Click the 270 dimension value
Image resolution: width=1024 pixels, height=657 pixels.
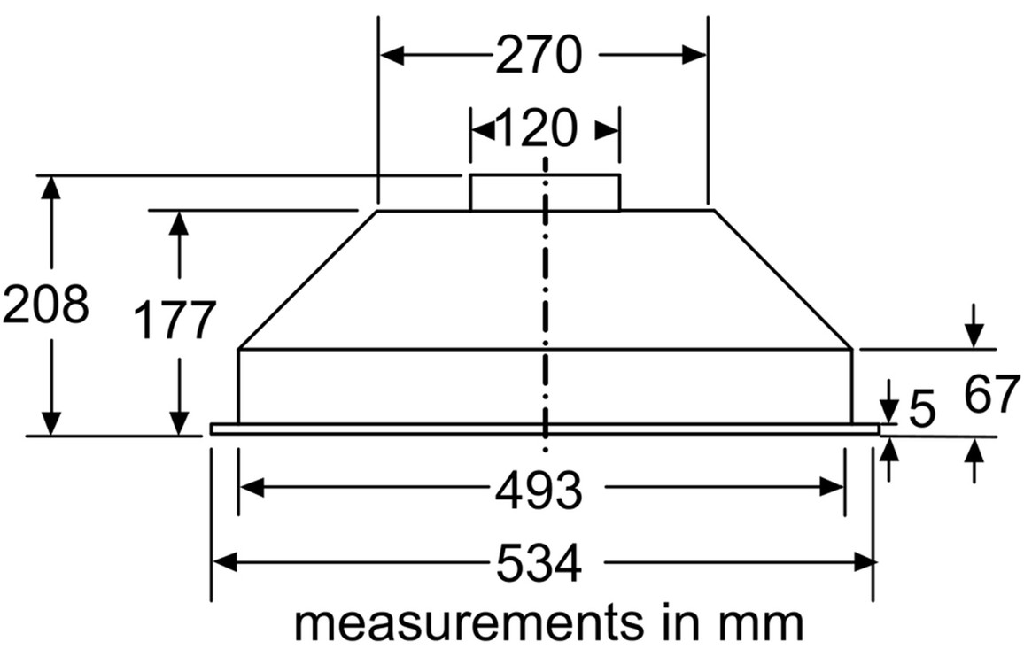point(538,55)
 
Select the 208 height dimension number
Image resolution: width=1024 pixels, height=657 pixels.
point(45,305)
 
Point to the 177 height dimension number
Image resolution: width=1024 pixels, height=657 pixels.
point(175,320)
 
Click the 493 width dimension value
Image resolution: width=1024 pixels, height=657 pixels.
point(538,488)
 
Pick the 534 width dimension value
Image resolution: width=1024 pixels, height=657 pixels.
point(538,563)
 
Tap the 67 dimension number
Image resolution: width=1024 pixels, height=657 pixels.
point(992,396)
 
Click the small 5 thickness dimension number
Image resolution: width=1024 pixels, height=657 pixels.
point(922,409)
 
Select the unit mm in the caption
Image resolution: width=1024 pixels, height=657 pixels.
point(765,623)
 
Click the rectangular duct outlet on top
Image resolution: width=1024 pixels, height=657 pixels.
point(544,192)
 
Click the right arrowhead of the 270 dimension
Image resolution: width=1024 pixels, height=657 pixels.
point(695,55)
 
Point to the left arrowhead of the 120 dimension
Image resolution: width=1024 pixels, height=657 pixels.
point(481,129)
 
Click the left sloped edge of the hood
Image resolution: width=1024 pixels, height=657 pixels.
point(308,280)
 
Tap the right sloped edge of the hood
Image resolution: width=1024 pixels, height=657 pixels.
point(782,280)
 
